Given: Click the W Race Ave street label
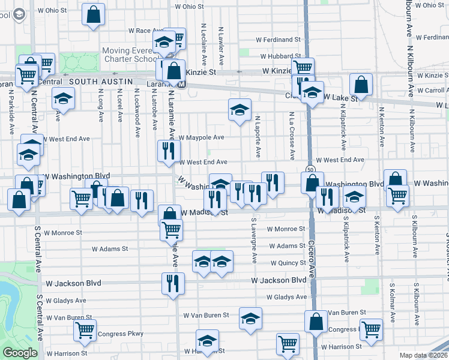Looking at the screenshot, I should pyautogui.click(x=142, y=31).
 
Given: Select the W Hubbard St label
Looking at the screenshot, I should pyautogui.click(x=280, y=56).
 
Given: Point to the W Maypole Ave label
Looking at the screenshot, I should pyautogui.click(x=200, y=137).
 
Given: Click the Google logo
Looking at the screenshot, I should pyautogui.click(x=20, y=353).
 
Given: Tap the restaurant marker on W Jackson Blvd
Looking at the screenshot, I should pyautogui.click(x=173, y=283).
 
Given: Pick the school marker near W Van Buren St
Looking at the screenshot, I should pyautogui.click(x=251, y=319).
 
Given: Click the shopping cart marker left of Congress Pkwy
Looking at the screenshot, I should pyautogui.click(x=85, y=330).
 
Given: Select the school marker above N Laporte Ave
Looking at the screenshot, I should pyautogui.click(x=240, y=109).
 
